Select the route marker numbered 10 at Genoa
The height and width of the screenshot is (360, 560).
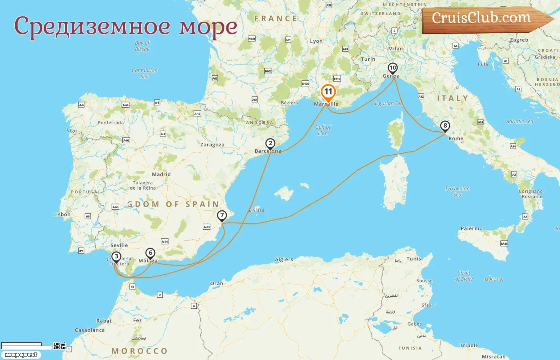point(392,68)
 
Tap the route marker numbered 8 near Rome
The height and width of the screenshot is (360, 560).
point(445,126)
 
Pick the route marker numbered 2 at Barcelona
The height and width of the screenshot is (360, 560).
point(270,144)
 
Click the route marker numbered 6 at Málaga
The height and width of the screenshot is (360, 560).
point(150,253)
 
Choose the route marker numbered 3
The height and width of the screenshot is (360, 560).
point(116,257)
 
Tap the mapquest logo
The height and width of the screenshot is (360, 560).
point(21,355)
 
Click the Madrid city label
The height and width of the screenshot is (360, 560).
point(161,174)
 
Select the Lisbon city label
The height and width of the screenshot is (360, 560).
point(62,214)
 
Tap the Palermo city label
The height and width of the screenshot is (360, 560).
point(472,228)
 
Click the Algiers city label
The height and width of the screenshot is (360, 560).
point(284,260)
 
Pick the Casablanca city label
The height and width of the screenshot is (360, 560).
point(90,330)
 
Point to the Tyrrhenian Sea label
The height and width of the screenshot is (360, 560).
point(457,191)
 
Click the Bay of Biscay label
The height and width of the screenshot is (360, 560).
point(142,46)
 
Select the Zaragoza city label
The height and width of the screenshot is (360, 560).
point(212,145)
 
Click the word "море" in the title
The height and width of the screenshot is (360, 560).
point(208,26)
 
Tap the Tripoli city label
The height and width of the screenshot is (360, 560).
point(468,345)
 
